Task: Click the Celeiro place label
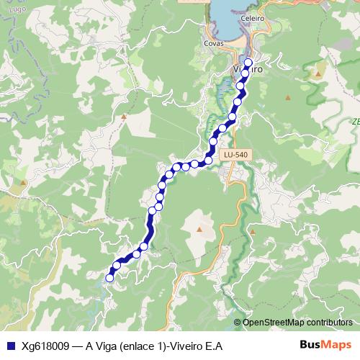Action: (x=254, y=18)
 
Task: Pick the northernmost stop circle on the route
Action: (x=248, y=63)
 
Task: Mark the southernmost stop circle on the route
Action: (x=110, y=278)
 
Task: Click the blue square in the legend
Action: (x=9, y=346)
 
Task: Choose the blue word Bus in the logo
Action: (x=310, y=345)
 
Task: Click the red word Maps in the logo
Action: (x=338, y=345)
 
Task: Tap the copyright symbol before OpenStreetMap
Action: (x=238, y=322)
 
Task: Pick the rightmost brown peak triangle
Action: (x=317, y=73)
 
